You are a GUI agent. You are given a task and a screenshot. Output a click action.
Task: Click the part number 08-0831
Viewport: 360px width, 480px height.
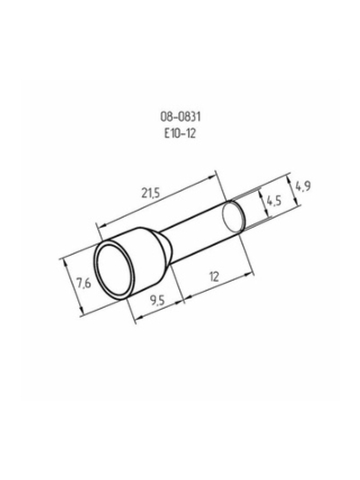point(180,117)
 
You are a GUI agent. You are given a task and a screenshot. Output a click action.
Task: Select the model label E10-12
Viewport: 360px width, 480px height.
point(180,133)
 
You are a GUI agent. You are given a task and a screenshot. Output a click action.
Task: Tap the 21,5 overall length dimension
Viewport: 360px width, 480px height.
point(150,194)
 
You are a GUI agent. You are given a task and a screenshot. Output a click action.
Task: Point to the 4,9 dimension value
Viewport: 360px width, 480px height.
point(302,186)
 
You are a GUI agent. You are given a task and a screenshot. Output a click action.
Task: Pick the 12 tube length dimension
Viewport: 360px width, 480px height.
point(214,276)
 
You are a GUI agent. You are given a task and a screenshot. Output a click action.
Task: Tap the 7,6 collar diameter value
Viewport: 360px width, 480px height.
point(84,284)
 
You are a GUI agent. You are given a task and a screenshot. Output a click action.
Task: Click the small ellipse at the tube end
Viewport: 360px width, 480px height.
point(233,215)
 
